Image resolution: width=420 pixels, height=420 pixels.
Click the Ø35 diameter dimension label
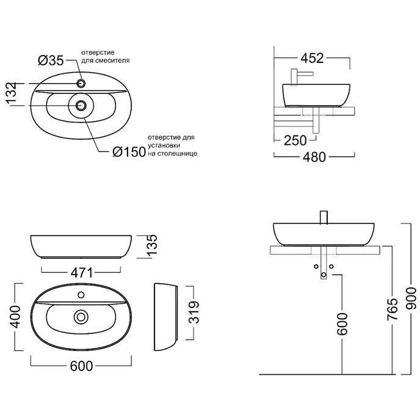click(52, 60)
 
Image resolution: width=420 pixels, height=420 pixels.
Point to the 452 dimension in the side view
click(312, 59)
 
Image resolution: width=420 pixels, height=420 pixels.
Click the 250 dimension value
click(295, 140)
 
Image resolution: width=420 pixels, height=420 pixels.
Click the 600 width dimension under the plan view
click(81, 366)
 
